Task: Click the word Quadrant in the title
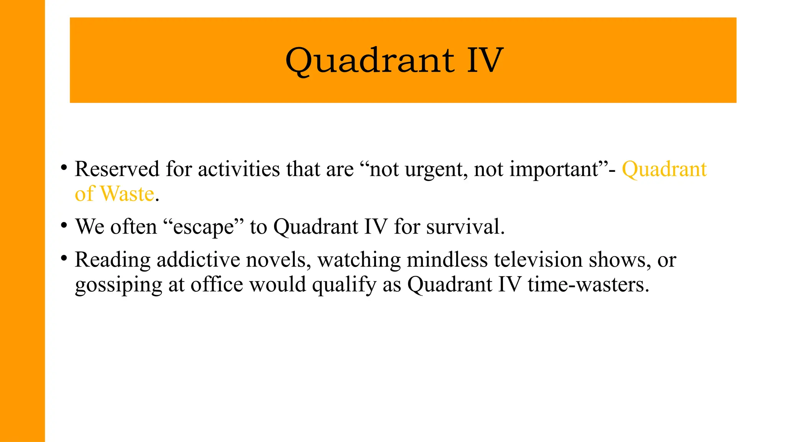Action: (x=370, y=61)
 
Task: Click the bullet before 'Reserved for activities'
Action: (x=64, y=168)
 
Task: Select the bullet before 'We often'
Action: (x=64, y=225)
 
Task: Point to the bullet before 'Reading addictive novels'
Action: (x=64, y=258)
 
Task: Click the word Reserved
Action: (x=117, y=169)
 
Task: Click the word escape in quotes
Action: (x=203, y=227)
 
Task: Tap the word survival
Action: (x=465, y=227)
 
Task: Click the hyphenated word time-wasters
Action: (x=588, y=285)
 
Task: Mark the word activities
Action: (x=239, y=169)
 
